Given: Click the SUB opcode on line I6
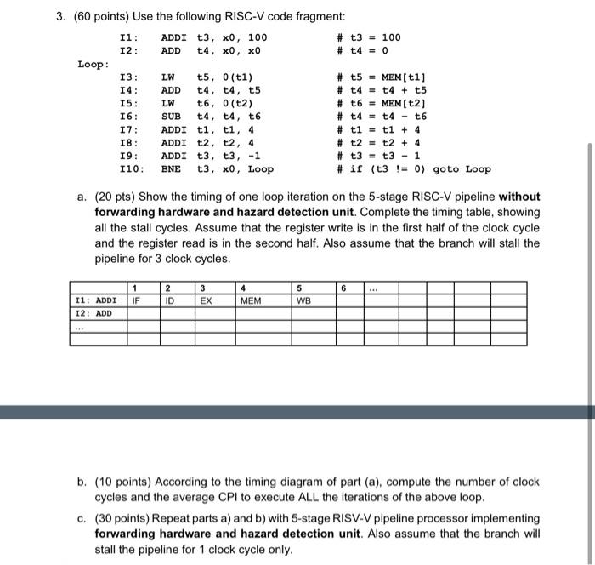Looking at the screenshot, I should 171,117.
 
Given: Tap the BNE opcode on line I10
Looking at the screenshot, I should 171,169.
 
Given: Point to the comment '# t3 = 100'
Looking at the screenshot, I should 369,37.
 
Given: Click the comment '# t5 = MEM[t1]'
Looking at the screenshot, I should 382,77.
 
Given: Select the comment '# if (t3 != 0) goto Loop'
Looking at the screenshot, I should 414,169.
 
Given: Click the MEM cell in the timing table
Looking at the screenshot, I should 251,300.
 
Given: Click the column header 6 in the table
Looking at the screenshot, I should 344,288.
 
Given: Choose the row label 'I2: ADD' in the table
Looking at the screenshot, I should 94,313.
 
